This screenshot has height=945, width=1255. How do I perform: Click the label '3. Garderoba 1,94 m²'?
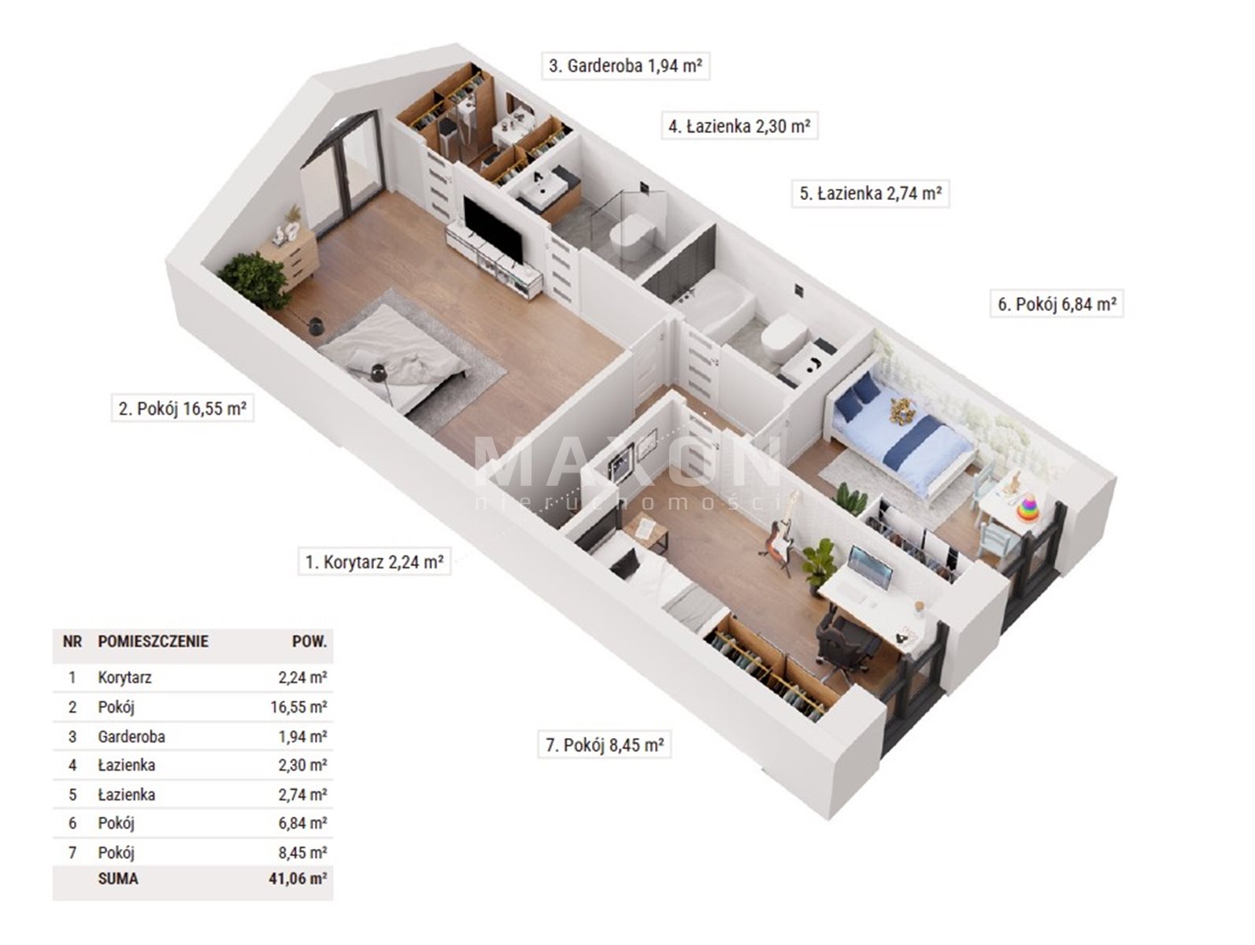tap(625, 66)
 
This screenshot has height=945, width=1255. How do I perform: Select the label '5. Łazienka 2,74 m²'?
tap(870, 193)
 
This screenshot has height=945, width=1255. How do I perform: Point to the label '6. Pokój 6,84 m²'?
tap(1057, 304)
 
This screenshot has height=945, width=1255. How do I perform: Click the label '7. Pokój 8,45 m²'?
tap(605, 745)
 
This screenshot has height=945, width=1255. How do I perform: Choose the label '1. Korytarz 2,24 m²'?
tap(374, 562)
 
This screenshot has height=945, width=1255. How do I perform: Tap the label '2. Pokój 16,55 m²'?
tap(183, 409)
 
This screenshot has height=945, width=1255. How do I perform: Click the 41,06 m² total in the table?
tap(298, 878)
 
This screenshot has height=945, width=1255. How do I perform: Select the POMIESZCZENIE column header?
tap(153, 642)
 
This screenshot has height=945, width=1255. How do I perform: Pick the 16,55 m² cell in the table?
tap(298, 707)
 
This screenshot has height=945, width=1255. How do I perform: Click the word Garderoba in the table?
tap(131, 736)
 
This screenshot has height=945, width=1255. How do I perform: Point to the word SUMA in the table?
tap(118, 878)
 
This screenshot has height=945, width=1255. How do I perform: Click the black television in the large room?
tap(493, 230)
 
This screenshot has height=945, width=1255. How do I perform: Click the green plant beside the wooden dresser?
tap(254, 280)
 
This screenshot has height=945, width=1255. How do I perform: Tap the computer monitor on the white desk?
tap(870, 567)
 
